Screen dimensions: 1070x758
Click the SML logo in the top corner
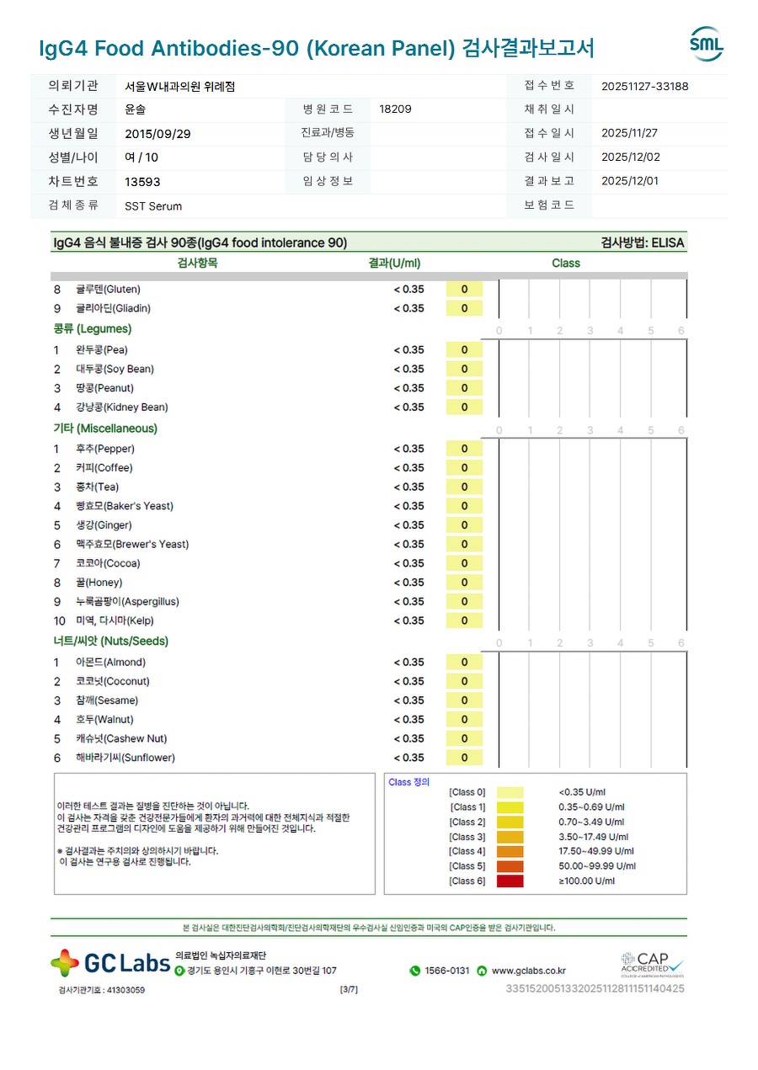pyautogui.click(x=706, y=45)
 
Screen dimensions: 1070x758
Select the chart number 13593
pyautogui.click(x=142, y=182)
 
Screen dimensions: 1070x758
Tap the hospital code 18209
pyautogui.click(x=396, y=109)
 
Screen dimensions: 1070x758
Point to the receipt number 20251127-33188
pyautogui.click(x=645, y=86)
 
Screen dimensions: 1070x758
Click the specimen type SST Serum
pyautogui.click(x=153, y=206)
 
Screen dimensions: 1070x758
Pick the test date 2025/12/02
pyautogui.click(x=630, y=157)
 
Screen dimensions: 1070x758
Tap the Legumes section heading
pyautogui.click(x=93, y=329)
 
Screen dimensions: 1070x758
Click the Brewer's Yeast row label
pyautogui.click(x=132, y=545)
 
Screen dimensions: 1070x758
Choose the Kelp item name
pyautogui.click(x=115, y=621)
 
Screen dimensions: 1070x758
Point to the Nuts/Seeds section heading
pyautogui.click(x=111, y=641)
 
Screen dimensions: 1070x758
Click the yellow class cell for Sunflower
pyautogui.click(x=464, y=758)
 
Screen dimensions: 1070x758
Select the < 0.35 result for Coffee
pyautogui.click(x=409, y=468)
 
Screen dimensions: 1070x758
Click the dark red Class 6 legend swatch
pyautogui.click(x=510, y=881)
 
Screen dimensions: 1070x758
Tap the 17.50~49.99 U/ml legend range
pyautogui.click(x=596, y=851)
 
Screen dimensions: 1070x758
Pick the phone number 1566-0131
pyautogui.click(x=446, y=971)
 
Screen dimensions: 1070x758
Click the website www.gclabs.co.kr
pyautogui.click(x=528, y=971)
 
